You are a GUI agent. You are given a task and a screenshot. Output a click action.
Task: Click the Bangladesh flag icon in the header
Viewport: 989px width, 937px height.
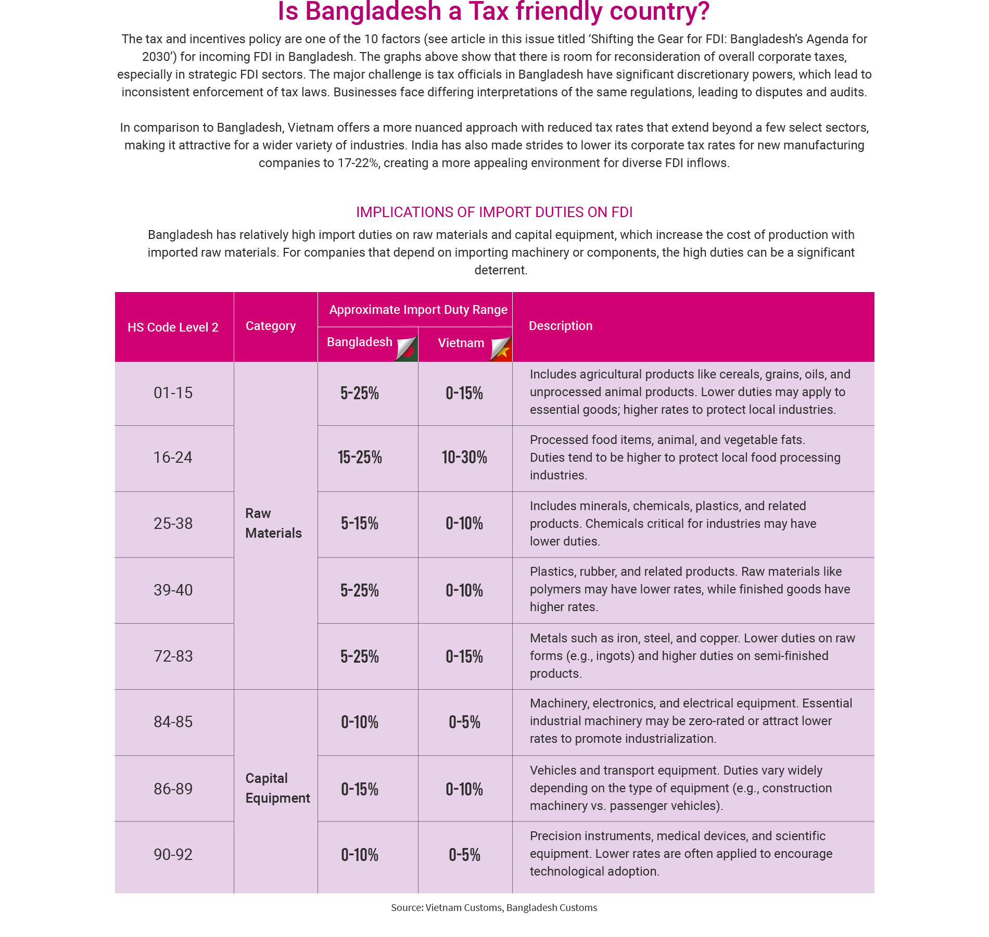tap(407, 348)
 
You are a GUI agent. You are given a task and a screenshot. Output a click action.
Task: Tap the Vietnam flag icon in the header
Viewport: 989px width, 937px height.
tap(501, 348)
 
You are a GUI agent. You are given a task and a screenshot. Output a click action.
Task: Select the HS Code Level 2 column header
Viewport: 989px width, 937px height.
tap(173, 327)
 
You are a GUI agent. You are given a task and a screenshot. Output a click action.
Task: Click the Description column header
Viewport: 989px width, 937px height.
tap(561, 326)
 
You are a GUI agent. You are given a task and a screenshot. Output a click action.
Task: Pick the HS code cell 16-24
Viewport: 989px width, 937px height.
tap(173, 458)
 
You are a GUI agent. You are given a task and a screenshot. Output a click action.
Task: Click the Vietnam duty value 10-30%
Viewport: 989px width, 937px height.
tap(464, 458)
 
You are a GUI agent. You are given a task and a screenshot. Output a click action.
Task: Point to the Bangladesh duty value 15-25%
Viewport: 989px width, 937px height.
tap(360, 458)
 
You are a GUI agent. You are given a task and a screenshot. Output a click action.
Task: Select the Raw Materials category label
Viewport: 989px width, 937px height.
tap(273, 523)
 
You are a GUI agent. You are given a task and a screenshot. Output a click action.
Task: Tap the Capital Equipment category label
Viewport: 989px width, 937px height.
tap(277, 788)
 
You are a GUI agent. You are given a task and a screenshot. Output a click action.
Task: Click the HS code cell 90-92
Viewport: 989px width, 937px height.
tap(173, 855)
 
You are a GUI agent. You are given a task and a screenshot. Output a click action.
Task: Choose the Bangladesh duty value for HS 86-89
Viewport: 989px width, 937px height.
tap(360, 789)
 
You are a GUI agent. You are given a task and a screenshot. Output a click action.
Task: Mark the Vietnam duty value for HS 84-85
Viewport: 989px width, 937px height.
tap(464, 723)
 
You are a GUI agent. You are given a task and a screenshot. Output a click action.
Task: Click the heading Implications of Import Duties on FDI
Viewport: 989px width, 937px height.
tap(494, 212)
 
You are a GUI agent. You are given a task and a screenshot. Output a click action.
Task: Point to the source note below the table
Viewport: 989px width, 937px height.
tap(494, 908)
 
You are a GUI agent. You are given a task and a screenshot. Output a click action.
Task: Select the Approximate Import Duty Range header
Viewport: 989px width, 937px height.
tap(418, 310)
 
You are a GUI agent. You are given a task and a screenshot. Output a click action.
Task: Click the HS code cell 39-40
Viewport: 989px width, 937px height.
tap(173, 590)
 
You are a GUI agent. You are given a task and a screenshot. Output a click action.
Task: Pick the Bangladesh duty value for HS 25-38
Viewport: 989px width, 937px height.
tap(360, 524)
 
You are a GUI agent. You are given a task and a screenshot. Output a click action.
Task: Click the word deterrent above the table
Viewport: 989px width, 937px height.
tap(501, 270)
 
